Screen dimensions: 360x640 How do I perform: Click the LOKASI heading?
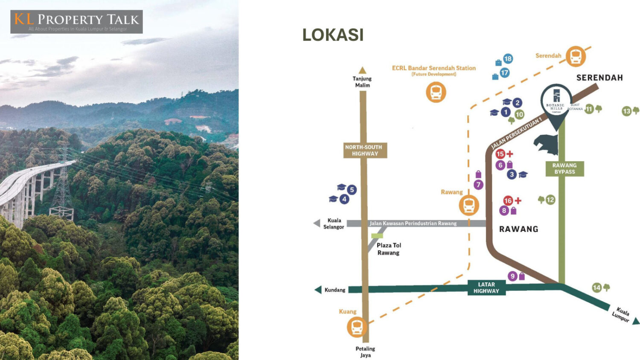[x=333, y=35]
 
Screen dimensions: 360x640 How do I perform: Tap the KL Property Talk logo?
[x=77, y=22]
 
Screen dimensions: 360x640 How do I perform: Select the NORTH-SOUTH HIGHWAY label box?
[x=365, y=150]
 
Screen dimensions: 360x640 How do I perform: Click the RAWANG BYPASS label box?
[x=564, y=168]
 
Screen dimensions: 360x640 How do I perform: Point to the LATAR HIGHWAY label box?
[x=486, y=288]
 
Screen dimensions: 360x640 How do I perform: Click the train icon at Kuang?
[x=357, y=327]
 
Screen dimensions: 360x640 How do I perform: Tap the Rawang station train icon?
[x=469, y=206]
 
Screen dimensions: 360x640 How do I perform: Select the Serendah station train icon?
[x=576, y=56]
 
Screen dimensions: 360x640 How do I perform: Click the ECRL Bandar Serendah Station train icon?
[x=436, y=92]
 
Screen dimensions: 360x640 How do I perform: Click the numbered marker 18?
[x=508, y=59]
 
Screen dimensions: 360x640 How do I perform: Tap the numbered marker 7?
[x=478, y=184]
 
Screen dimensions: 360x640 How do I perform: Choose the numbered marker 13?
[x=626, y=111]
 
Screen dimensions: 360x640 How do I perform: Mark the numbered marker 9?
[x=513, y=276]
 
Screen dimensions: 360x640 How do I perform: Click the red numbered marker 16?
[x=508, y=200]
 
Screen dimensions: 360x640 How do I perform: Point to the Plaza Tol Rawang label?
[x=389, y=249]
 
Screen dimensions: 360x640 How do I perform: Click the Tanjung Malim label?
[x=362, y=82]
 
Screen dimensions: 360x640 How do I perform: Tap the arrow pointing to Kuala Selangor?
[x=317, y=223]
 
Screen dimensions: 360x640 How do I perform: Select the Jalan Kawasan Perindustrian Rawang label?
[x=413, y=224]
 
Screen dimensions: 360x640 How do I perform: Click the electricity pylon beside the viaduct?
[x=62, y=188]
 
